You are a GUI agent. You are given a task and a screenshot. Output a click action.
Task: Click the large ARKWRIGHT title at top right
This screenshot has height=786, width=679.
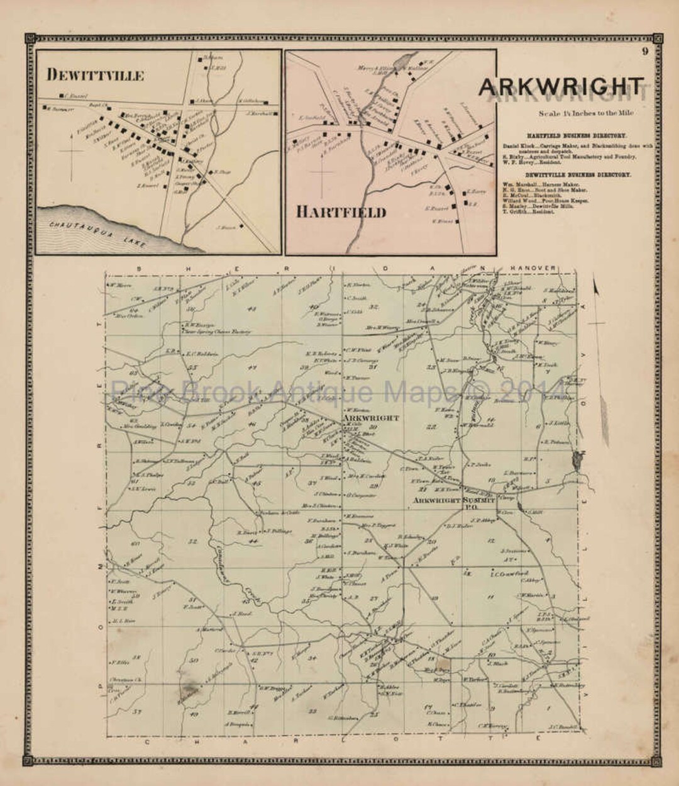561,87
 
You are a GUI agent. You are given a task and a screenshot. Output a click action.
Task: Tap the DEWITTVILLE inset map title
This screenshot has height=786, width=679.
95,76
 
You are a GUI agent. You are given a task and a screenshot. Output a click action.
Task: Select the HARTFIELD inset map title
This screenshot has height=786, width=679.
341,212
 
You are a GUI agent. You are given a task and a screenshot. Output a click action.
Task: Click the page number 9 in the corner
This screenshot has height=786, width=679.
644,52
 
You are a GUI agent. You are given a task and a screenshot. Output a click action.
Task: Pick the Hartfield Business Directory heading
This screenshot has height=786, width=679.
576,135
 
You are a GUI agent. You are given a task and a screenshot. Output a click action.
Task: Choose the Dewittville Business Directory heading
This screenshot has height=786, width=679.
576,175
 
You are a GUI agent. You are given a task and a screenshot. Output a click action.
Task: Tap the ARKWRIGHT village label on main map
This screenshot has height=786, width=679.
371,418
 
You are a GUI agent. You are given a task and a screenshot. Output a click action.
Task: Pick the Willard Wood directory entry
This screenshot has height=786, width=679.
546,201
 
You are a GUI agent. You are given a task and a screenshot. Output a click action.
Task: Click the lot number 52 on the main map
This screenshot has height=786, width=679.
192,541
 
